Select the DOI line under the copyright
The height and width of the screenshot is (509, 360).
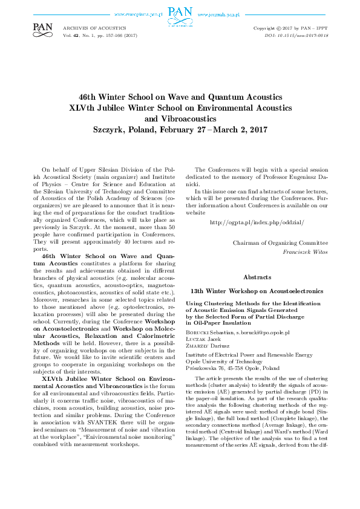[x=305, y=36]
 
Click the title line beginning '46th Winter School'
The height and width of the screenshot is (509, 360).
[x=180, y=97]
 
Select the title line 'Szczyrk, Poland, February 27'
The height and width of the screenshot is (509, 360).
[x=180, y=129]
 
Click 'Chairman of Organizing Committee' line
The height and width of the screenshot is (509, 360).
[x=280, y=242]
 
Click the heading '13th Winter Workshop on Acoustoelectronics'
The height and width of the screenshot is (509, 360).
[x=256, y=291]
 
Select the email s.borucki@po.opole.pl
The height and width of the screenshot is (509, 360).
[x=262, y=332]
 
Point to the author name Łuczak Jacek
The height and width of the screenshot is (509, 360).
[x=204, y=340]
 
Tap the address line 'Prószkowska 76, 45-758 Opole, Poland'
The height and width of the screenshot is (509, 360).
[x=232, y=368]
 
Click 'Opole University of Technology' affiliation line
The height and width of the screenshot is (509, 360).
[x=225, y=361]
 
